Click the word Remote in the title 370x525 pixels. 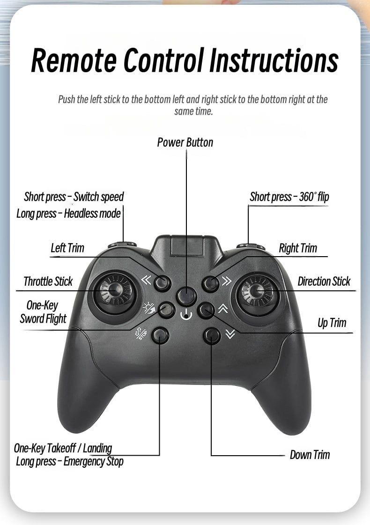point(74,60)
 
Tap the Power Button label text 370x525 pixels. point(185,142)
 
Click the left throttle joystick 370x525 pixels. point(115,290)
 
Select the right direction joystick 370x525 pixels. point(256,291)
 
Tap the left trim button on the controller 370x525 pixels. point(163,282)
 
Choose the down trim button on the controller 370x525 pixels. point(212,335)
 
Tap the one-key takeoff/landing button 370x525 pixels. point(160,335)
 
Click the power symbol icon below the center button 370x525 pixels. point(186,315)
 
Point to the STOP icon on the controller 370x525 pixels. point(141,333)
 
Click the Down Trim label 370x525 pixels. point(310,455)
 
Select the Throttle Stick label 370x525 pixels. point(48,281)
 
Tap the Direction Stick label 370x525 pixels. point(324,281)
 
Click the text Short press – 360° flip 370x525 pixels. point(289,197)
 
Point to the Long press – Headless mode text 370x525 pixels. point(69,214)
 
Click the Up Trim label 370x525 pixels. point(332,323)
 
